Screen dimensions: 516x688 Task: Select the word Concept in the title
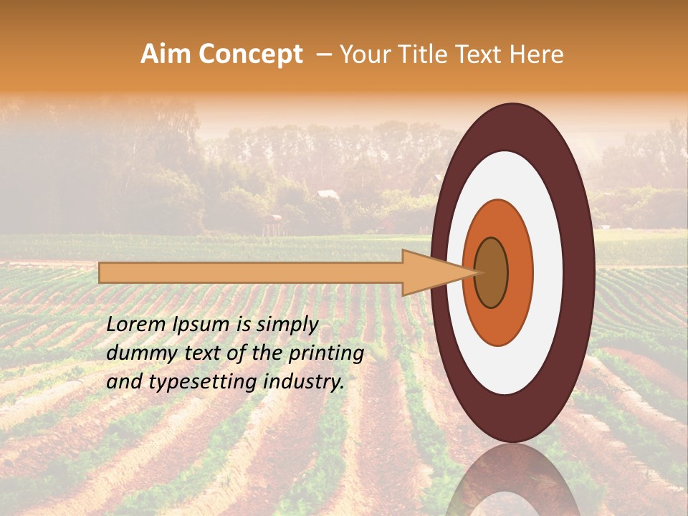(250, 54)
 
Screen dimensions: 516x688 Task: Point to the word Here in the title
(535, 54)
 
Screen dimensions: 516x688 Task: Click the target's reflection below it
(512, 480)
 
